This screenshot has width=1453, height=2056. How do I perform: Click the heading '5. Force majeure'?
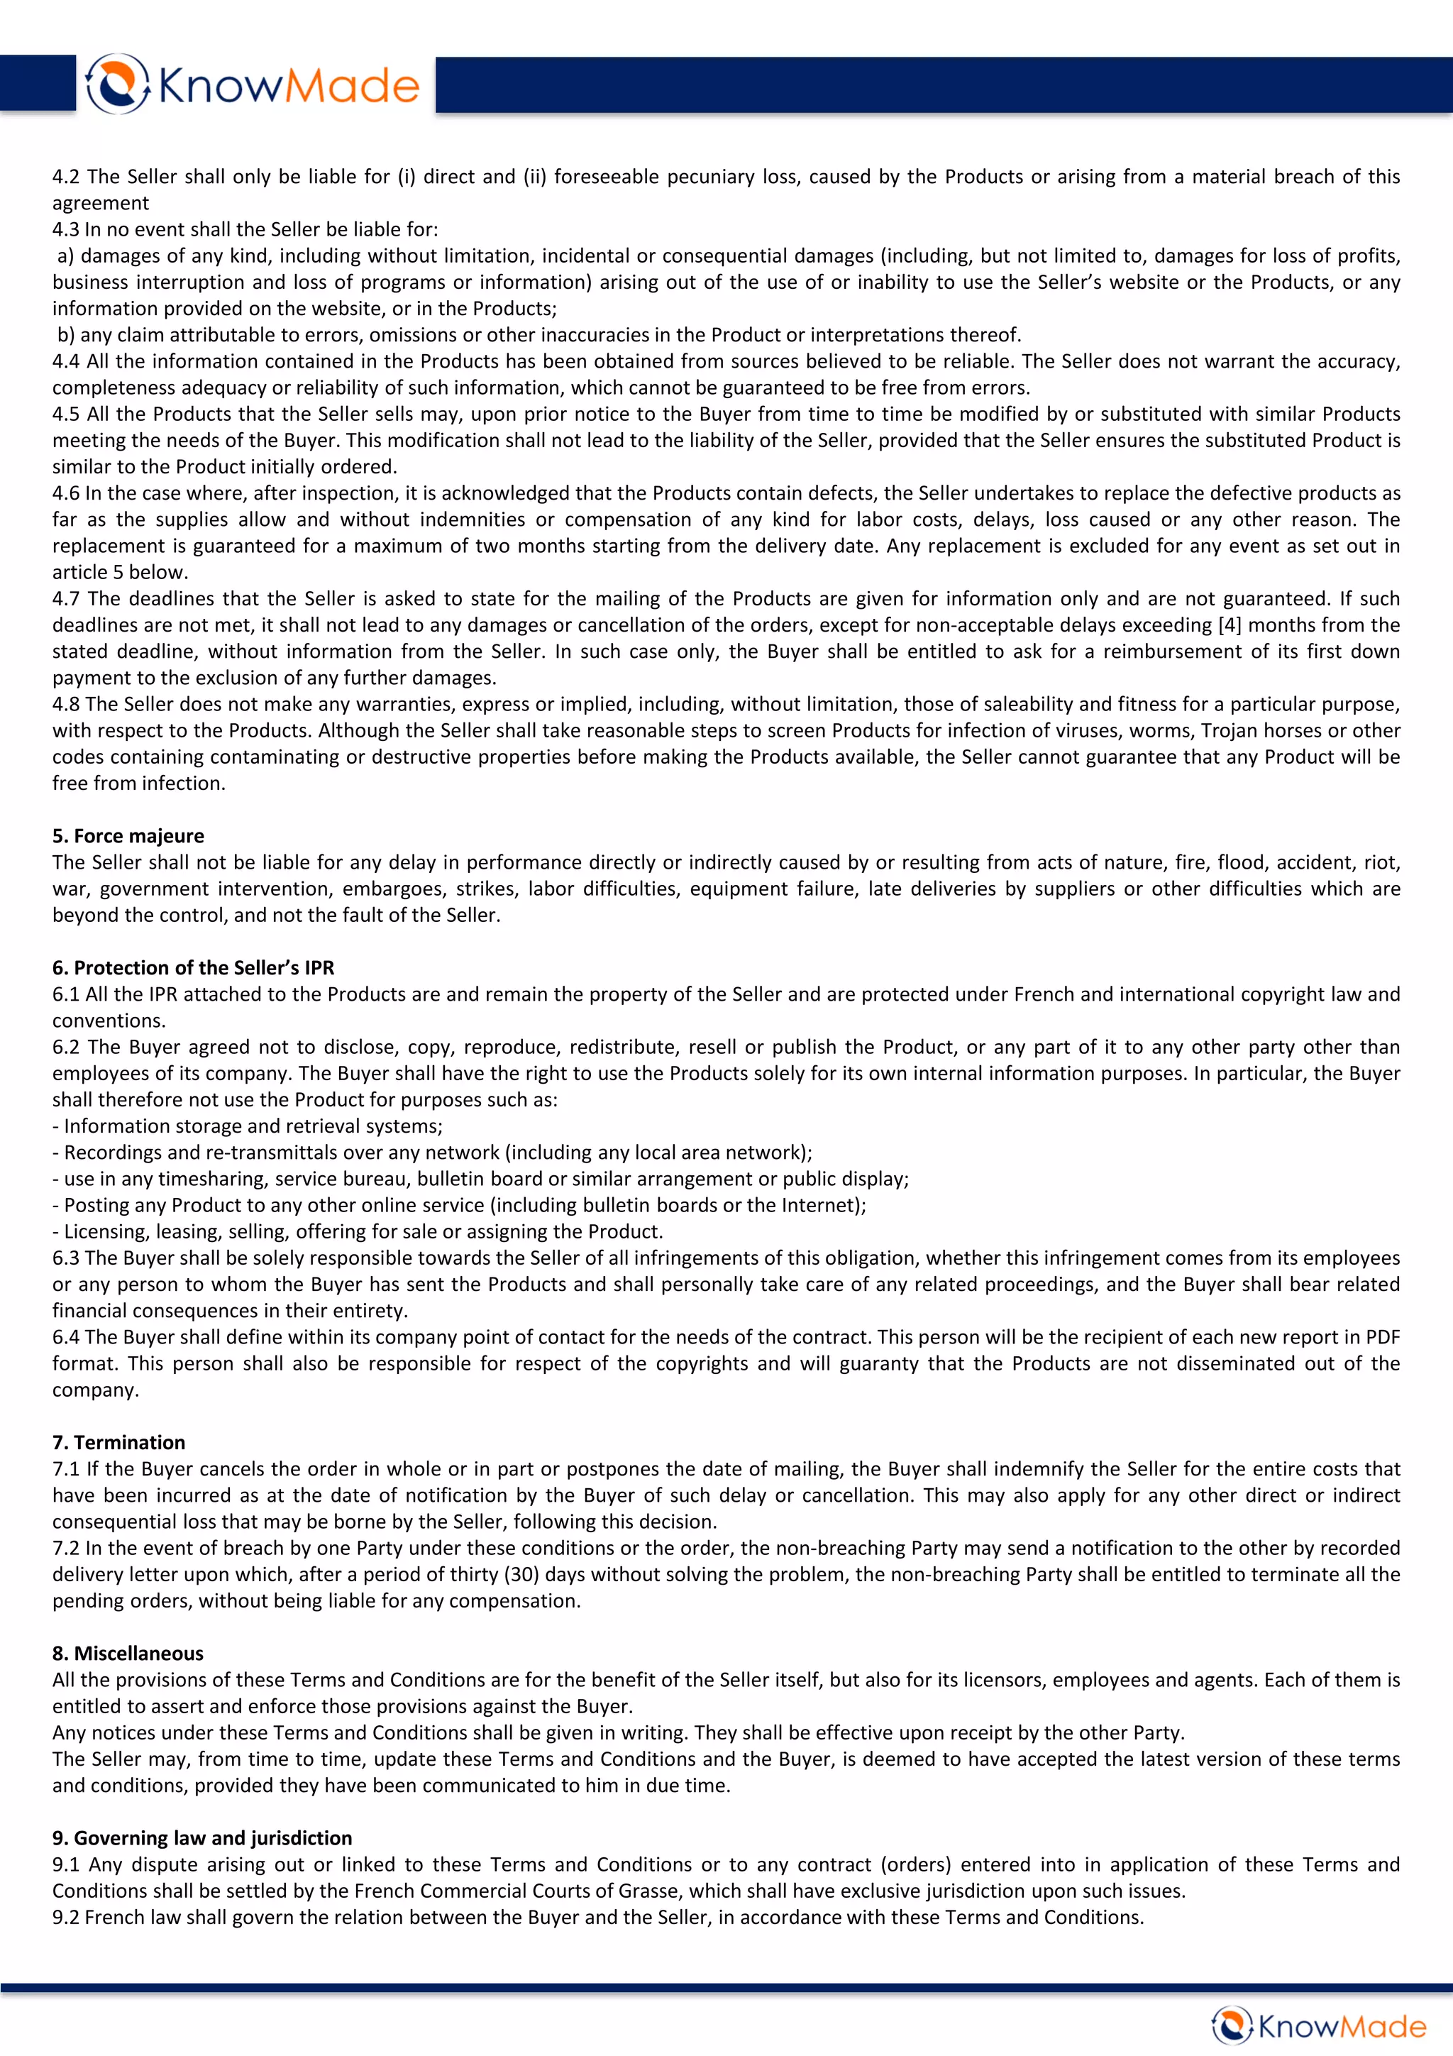pos(128,835)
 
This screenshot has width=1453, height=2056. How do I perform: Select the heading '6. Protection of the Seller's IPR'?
pos(192,967)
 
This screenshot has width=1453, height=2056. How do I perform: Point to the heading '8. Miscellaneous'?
pos(127,1653)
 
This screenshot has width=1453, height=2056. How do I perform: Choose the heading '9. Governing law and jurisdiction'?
pos(201,1837)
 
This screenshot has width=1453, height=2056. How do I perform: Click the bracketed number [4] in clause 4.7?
pos(1230,625)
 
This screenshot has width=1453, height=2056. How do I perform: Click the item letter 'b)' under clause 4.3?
pos(65,335)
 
